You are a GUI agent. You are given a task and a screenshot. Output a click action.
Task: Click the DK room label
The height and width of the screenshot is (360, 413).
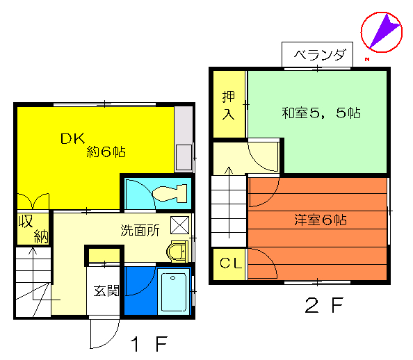tap(73, 138)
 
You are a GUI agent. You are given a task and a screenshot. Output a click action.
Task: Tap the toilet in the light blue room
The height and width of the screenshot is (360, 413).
tap(170, 194)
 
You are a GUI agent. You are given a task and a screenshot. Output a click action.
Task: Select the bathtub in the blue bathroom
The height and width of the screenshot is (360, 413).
tap(174, 292)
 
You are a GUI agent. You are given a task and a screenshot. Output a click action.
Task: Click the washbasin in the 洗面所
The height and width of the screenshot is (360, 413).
tap(177, 252)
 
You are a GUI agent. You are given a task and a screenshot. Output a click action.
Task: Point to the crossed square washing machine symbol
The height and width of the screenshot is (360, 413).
tap(179, 225)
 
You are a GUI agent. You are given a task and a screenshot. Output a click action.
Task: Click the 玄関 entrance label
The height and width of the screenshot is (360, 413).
tap(106, 291)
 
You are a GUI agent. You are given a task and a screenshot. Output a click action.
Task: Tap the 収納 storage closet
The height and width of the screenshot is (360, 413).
tap(33, 229)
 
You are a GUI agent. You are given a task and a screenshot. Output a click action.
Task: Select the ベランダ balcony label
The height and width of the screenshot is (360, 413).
tap(319, 55)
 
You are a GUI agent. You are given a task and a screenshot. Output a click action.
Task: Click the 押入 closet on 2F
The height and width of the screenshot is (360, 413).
tap(229, 104)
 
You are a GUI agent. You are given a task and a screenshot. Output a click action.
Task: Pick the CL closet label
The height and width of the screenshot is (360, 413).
tap(231, 263)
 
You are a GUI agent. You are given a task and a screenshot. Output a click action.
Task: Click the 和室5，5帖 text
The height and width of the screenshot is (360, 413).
tap(321, 113)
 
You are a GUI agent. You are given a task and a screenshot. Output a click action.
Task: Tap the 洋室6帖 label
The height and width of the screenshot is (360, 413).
tap(321, 220)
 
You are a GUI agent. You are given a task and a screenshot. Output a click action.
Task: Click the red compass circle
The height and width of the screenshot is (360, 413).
tap(382, 32)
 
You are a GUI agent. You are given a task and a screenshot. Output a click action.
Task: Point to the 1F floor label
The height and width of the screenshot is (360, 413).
tap(149, 344)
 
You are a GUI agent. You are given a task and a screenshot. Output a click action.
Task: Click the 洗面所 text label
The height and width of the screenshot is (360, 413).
tap(140, 231)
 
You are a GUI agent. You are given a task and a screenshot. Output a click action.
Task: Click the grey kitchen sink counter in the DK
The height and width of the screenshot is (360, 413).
tap(184, 138)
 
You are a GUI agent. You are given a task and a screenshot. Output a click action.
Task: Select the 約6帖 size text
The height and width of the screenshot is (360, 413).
tap(106, 152)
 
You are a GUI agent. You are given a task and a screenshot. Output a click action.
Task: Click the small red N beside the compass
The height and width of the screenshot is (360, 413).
tap(367, 60)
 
